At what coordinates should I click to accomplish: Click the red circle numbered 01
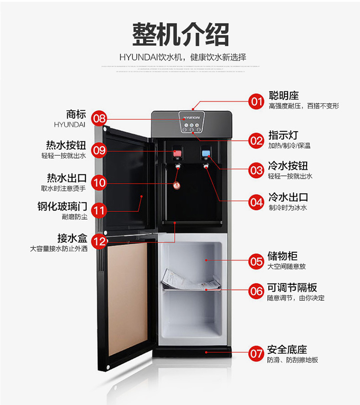click(256, 101)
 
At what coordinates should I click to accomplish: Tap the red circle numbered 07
click(256, 354)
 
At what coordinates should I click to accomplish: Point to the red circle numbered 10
click(99, 183)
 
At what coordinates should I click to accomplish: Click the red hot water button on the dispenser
click(178, 154)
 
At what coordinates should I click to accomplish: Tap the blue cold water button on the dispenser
click(206, 153)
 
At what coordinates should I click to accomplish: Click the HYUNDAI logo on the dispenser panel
click(192, 117)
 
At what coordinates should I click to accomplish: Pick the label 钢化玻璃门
click(62, 207)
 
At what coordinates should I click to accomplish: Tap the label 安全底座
click(288, 349)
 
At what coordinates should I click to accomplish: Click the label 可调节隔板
click(292, 287)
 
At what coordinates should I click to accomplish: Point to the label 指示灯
click(283, 135)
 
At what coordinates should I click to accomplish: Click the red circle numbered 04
click(256, 202)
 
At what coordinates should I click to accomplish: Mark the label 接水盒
click(72, 238)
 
